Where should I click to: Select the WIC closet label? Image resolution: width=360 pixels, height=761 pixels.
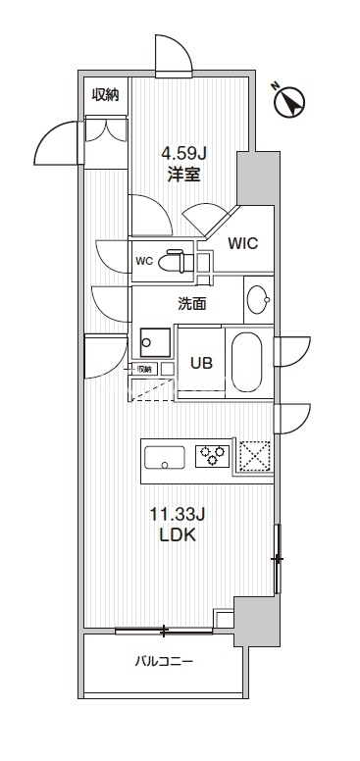(242, 243)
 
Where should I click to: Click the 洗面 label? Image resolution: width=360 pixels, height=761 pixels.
(191, 304)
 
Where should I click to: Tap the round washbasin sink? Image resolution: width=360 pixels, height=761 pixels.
(259, 299)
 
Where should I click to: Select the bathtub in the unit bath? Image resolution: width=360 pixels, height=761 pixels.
(247, 363)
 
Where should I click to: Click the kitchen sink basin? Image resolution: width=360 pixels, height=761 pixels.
(165, 455)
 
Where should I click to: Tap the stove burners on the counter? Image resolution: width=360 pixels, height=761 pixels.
(211, 455)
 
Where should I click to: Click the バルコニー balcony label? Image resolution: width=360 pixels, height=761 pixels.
(164, 661)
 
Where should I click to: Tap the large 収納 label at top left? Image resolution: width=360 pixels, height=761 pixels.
(106, 94)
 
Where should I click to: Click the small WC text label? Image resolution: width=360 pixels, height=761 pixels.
(144, 261)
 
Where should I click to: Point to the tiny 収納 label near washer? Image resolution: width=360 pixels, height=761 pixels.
(144, 369)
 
